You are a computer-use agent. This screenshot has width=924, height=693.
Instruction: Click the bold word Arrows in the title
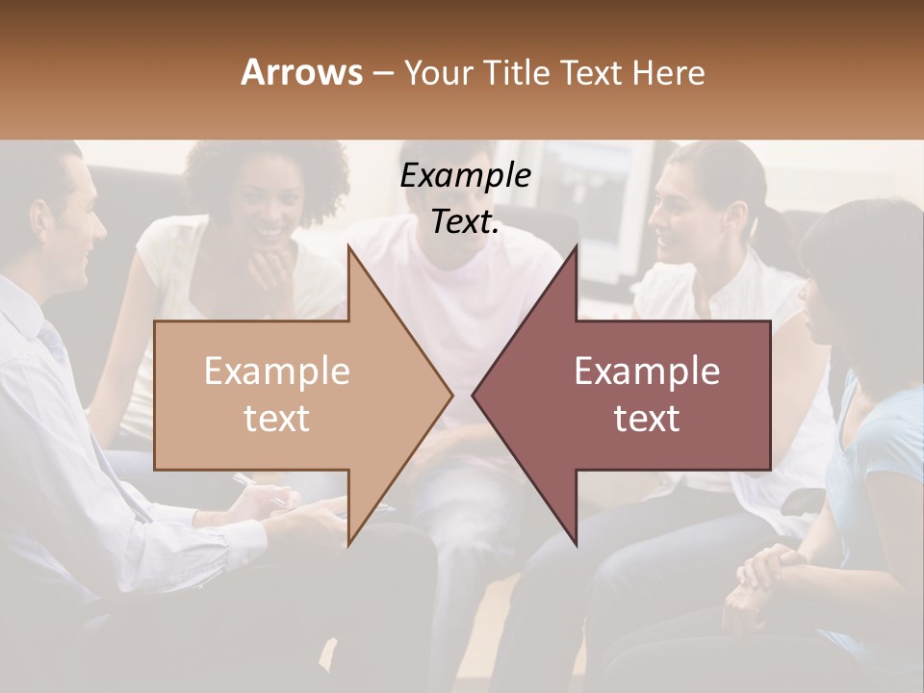pyautogui.click(x=302, y=72)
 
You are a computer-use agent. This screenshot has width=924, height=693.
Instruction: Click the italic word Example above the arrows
pyautogui.click(x=465, y=176)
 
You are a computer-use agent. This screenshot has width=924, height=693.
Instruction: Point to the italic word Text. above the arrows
pyautogui.click(x=465, y=222)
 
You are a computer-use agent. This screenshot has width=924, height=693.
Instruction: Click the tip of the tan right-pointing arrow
pyautogui.click(x=450, y=394)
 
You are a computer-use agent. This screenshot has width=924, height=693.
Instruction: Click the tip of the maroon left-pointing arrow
pyautogui.click(x=475, y=394)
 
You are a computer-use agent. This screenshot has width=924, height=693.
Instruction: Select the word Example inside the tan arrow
pyautogui.click(x=277, y=372)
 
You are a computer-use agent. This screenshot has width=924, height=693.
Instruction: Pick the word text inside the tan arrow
pyautogui.click(x=277, y=419)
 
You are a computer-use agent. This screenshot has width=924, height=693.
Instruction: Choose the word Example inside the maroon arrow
pyautogui.click(x=647, y=372)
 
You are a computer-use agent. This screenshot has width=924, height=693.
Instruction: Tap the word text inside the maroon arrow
pyautogui.click(x=647, y=419)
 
